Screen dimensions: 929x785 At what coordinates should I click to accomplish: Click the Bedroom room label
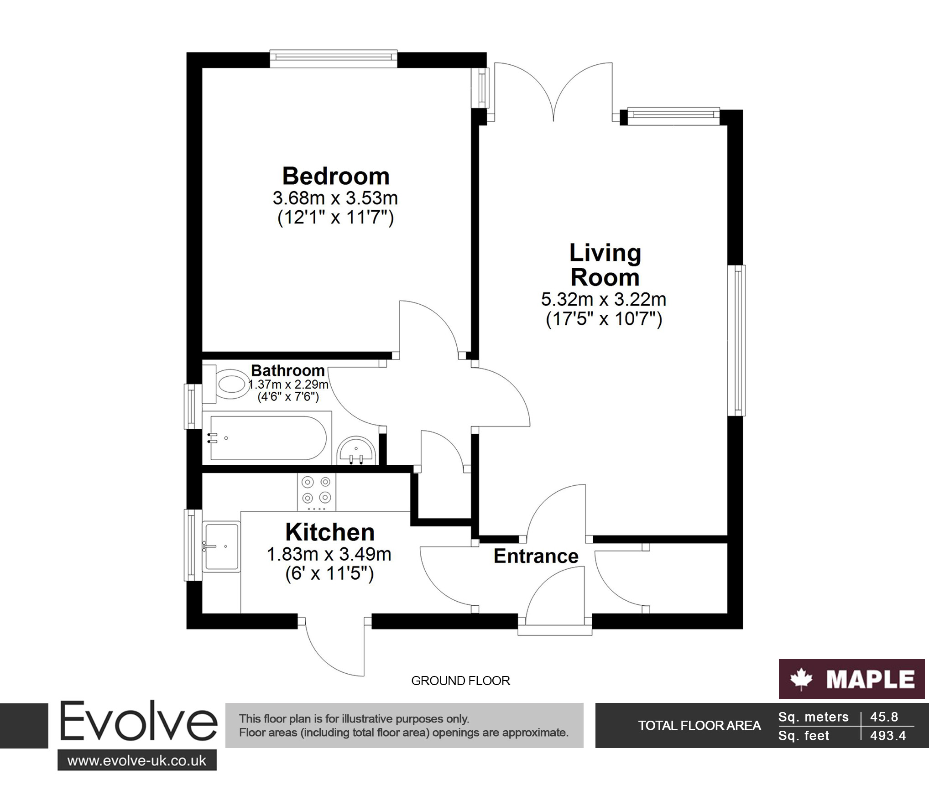click(x=336, y=177)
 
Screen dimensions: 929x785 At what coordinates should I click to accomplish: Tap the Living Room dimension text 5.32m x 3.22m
click(x=604, y=300)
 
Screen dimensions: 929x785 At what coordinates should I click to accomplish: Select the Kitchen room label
click(x=330, y=532)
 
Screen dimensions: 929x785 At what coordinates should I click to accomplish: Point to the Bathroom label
click(x=288, y=370)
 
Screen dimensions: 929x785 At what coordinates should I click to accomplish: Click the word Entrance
click(x=536, y=556)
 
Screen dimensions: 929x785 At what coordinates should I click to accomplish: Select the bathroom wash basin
click(x=356, y=451)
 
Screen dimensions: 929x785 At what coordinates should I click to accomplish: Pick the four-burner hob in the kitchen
click(x=316, y=492)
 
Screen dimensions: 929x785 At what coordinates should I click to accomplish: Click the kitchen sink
click(x=222, y=546)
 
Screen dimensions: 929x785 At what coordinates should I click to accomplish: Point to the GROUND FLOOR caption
click(x=460, y=681)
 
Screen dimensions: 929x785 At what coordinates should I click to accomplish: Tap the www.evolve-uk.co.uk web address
click(x=137, y=761)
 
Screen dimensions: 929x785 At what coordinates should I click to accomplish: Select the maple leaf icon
click(x=801, y=680)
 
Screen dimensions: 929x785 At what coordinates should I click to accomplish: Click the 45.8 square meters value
click(x=884, y=717)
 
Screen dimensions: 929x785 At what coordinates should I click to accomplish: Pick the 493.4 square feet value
click(x=888, y=736)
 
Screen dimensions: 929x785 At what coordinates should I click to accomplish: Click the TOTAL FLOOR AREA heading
click(x=699, y=726)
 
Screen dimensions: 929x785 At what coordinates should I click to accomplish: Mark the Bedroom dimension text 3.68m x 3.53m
click(x=335, y=198)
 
